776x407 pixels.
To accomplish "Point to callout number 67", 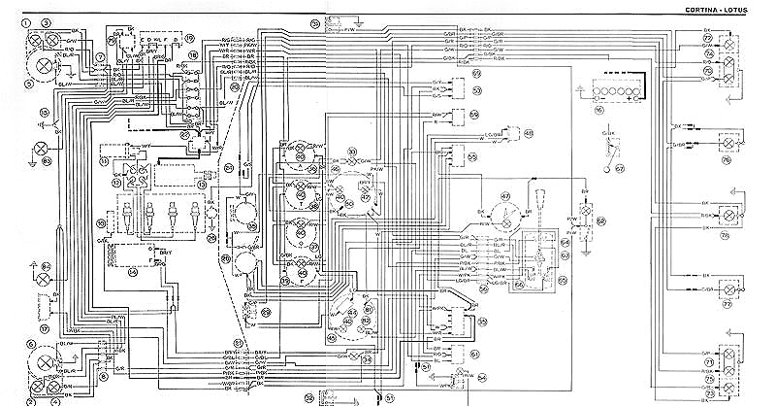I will tap(617, 167).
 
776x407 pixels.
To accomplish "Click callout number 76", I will tap(726, 161).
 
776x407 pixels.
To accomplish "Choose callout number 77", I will tap(726, 303).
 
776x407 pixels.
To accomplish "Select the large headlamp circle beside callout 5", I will tap(45, 66).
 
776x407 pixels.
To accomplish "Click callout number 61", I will tap(474, 353).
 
